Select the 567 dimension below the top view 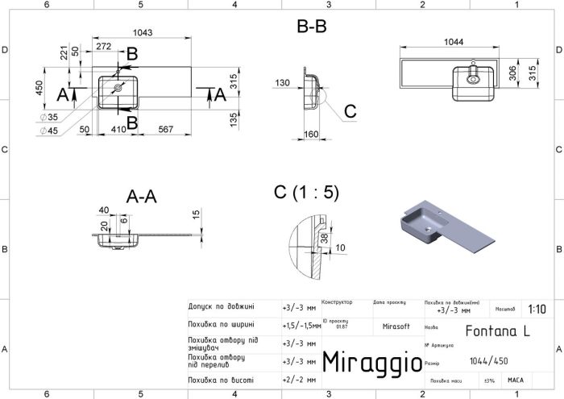tap(167, 129)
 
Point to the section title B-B tap(311, 27)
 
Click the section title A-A tap(143, 197)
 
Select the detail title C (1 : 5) tap(306, 192)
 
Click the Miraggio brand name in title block tap(371, 362)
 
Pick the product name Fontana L tap(493, 330)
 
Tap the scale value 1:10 tap(535, 309)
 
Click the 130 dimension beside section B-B tap(282, 83)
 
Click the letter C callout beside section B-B tap(350, 110)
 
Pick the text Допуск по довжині tap(221, 307)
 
